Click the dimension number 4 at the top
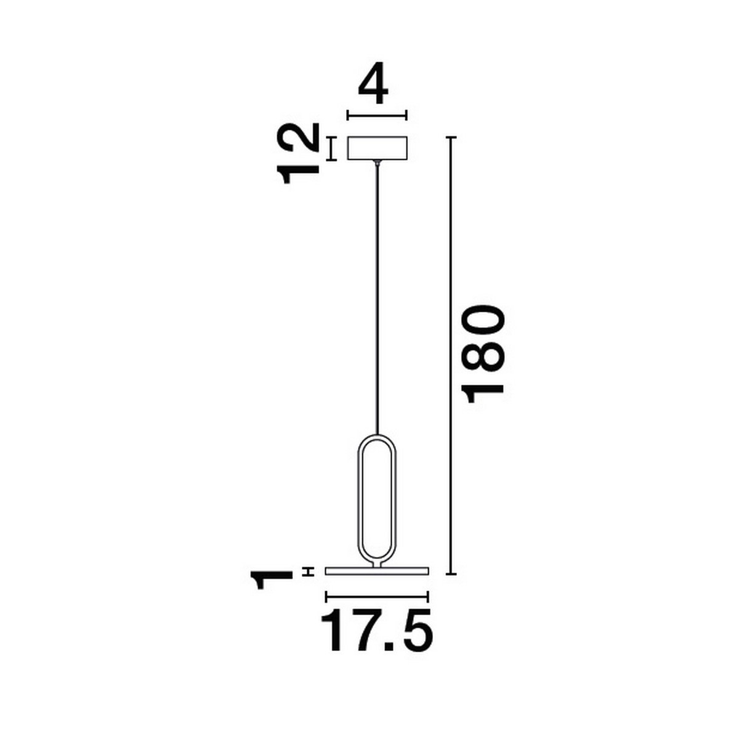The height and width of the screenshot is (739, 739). pos(374,88)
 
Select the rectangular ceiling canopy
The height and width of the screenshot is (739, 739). pos(377,148)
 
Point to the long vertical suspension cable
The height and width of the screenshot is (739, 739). pos(376,296)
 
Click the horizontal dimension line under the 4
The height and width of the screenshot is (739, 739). pos(377,115)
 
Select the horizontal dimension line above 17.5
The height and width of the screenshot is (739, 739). pos(376,596)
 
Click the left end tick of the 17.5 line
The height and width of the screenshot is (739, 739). pos(326,596)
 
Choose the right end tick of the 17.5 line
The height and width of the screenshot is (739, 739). pos(427,596)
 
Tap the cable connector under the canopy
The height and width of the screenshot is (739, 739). pos(376,163)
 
